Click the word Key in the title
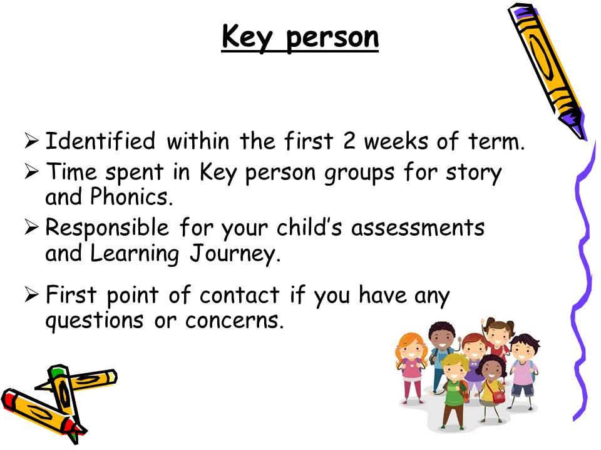pos(247,37)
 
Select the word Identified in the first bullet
pos(100,141)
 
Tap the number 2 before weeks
pos(349,141)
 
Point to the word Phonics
pos(131,197)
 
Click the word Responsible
pos(107,229)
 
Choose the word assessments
pos(418,227)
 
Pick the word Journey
pos(235,254)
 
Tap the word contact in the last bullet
pos(240,295)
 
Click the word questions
pos(95,321)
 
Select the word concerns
pos(234,321)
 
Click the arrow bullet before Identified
pos(31,141)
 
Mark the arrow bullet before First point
pos(31,295)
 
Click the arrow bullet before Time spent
pos(31,172)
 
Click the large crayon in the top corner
pos(547,71)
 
